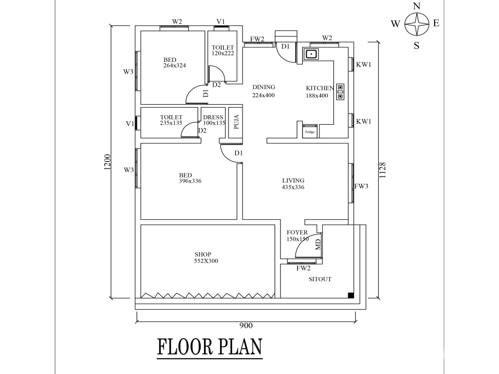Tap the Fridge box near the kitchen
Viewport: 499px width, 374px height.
310,131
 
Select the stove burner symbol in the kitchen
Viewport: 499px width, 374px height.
340,92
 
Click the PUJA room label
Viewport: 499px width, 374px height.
236,122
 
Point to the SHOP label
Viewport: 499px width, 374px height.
203,254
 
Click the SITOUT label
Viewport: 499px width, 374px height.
320,279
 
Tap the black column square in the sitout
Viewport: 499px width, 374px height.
351,295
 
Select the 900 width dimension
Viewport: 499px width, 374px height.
246,325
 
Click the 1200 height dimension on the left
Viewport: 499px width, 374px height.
107,162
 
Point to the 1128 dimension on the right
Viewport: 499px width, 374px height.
383,170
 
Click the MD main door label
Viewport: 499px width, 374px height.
318,244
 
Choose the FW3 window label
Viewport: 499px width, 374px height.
361,186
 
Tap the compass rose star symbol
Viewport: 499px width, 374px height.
417,24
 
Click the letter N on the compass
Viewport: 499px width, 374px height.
417,6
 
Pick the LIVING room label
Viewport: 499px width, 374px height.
293,181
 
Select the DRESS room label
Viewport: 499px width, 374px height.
213,117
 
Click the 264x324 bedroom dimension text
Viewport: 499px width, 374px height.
174,65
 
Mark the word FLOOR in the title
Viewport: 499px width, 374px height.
185,347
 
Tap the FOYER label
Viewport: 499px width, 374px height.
297,232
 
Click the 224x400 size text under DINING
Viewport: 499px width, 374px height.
263,95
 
